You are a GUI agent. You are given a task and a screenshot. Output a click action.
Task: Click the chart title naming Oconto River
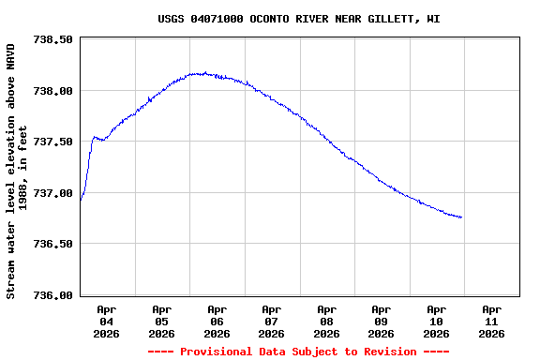[298, 19]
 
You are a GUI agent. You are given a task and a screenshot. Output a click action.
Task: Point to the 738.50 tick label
[52, 40]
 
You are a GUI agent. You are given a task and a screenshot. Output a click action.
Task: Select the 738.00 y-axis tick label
[52, 91]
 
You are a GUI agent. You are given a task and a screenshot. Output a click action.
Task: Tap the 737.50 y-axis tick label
[52, 142]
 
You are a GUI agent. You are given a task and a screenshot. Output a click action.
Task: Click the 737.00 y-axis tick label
[52, 193]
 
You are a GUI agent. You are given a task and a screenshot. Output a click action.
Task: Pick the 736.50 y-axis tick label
[52, 244]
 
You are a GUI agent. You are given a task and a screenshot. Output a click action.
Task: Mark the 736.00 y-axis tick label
[52, 295]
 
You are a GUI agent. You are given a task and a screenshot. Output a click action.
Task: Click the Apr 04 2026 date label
[107, 321]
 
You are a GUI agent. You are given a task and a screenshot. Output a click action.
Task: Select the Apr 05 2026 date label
[161, 321]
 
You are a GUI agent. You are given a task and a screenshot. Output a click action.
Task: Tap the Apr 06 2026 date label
[217, 321]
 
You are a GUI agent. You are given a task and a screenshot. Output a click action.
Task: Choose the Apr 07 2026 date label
[271, 321]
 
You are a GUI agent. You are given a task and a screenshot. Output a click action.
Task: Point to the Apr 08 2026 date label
[326, 321]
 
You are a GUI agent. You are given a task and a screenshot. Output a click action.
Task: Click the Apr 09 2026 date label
[381, 321]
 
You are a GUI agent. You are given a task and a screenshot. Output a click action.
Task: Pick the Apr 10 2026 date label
[436, 321]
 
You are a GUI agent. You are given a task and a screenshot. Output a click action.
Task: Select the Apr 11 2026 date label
[490, 321]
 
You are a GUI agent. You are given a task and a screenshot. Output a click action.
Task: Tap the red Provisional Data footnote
[298, 352]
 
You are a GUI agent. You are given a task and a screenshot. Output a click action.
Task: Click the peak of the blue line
[202, 73]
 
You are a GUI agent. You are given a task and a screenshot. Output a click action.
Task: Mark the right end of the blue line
[461, 217]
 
